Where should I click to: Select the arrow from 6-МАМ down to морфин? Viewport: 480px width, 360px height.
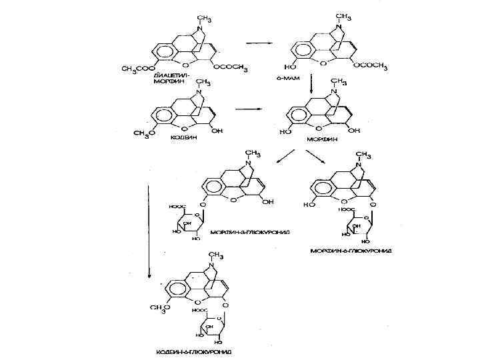311,84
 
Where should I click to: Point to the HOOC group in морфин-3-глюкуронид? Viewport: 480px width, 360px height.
177,207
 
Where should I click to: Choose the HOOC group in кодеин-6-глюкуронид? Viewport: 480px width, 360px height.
198,310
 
